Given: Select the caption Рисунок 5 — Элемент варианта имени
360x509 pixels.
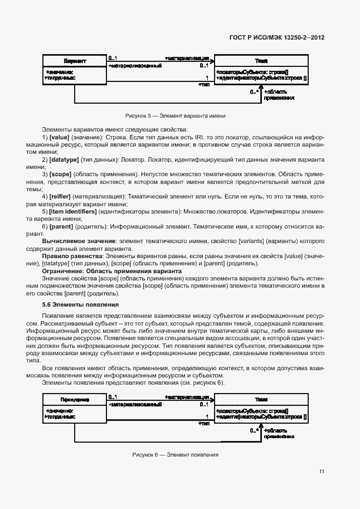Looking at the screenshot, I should (x=175, y=115).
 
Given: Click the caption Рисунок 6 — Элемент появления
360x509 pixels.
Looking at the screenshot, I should (x=175, y=454).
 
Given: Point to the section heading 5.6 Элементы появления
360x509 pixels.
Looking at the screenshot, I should (x=80, y=305).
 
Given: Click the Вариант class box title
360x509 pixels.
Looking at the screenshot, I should (x=74, y=60).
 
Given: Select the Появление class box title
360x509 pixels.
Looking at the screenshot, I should (x=74, y=400).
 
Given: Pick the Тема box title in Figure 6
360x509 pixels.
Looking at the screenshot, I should (x=261, y=400).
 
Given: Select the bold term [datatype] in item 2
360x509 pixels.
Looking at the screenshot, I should (x=64, y=159).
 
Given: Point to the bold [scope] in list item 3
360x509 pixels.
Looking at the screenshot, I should (x=60, y=174).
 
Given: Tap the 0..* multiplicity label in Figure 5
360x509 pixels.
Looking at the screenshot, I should (x=254, y=91).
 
